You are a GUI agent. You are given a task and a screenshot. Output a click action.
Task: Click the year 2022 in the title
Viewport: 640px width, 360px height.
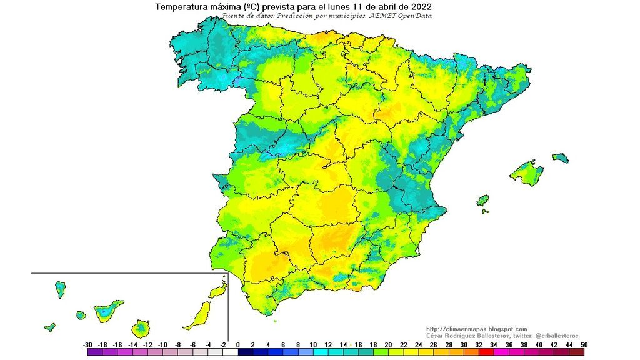click(x=419, y=7)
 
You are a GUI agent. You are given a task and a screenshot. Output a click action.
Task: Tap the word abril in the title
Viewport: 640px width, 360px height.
click(x=381, y=7)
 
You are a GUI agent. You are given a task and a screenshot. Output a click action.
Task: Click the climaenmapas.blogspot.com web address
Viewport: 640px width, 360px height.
click(x=476, y=329)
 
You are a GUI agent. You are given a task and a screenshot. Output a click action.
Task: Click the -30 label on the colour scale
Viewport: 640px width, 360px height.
click(x=87, y=345)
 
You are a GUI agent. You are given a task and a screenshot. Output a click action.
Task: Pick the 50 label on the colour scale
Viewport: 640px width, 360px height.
click(x=583, y=345)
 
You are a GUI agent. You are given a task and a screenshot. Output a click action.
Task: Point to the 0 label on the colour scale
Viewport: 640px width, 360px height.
click(x=238, y=345)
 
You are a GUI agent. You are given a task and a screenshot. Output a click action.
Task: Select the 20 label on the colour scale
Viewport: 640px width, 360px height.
click(x=389, y=345)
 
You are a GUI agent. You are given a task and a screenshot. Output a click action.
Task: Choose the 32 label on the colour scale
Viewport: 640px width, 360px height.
click(x=479, y=345)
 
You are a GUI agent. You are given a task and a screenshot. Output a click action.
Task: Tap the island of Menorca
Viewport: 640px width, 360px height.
click(x=561, y=157)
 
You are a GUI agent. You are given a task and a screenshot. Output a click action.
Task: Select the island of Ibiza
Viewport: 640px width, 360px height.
click(x=482, y=201)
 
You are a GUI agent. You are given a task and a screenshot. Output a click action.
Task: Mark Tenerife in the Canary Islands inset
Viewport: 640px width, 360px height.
click(x=107, y=310)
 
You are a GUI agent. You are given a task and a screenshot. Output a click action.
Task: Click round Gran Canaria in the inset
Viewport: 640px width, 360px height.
click(x=141, y=328)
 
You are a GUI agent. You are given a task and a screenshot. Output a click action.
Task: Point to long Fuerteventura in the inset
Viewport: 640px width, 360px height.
click(x=198, y=315)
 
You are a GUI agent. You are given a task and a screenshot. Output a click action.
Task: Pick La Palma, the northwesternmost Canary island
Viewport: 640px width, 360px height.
click(x=61, y=289)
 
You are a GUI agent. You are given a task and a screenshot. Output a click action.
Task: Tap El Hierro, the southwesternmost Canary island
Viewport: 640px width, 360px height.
click(x=49, y=327)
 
